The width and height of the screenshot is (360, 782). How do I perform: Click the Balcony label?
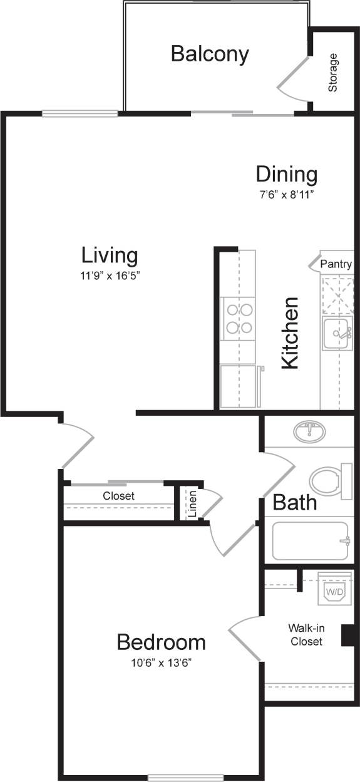click(210, 54)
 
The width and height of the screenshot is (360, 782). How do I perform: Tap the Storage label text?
click(333, 73)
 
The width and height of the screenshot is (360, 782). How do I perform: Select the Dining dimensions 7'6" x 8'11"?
click(286, 194)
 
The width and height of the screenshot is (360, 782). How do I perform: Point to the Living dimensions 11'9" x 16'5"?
click(110, 275)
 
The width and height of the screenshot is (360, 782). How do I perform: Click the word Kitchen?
click(289, 332)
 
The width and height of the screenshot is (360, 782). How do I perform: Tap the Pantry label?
click(336, 264)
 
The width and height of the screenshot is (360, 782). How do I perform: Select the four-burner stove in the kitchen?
click(239, 318)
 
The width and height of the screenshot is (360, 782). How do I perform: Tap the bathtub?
click(309, 541)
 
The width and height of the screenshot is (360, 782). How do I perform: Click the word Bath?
click(294, 502)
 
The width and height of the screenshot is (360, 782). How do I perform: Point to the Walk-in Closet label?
click(306, 634)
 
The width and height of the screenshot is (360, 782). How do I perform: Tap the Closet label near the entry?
click(118, 495)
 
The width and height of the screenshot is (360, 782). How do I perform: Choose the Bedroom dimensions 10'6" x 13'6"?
click(162, 662)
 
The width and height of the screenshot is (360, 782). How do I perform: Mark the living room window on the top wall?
click(80, 114)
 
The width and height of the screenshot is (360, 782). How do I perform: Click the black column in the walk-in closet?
click(348, 635)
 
